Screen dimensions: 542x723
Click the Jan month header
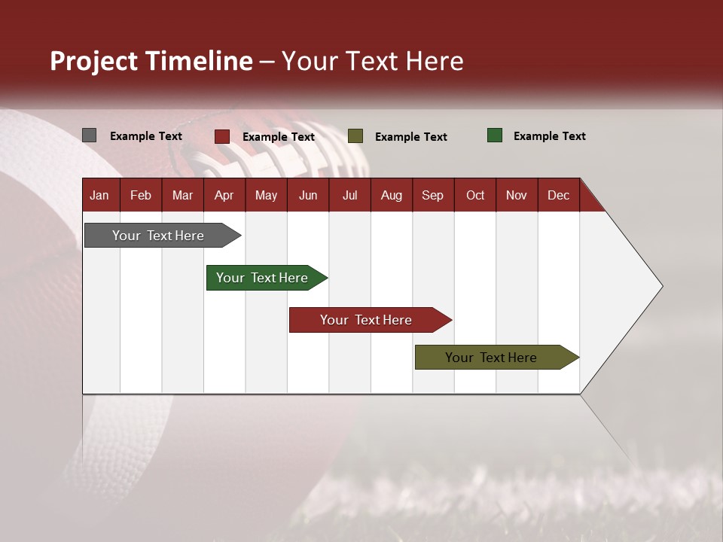pyautogui.click(x=100, y=195)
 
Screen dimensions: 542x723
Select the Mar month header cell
pyautogui.click(x=182, y=195)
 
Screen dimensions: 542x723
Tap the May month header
pyautogui.click(x=266, y=195)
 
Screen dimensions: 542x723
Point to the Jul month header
pyautogui.click(x=349, y=195)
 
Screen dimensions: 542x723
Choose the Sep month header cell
pyautogui.click(x=432, y=195)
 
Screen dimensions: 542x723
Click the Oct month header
pyautogui.click(x=474, y=195)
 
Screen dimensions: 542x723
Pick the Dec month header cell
pyautogui.click(x=558, y=195)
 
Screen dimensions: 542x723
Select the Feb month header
pyautogui.click(x=141, y=195)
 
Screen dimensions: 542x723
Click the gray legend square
pyautogui.click(x=89, y=135)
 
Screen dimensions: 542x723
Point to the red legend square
pyautogui.click(x=221, y=136)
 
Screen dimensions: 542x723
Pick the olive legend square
pyautogui.click(x=355, y=136)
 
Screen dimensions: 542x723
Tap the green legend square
pyautogui.click(x=494, y=135)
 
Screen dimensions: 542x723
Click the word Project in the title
pyautogui.click(x=93, y=61)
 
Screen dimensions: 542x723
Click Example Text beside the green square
pyautogui.click(x=549, y=136)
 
